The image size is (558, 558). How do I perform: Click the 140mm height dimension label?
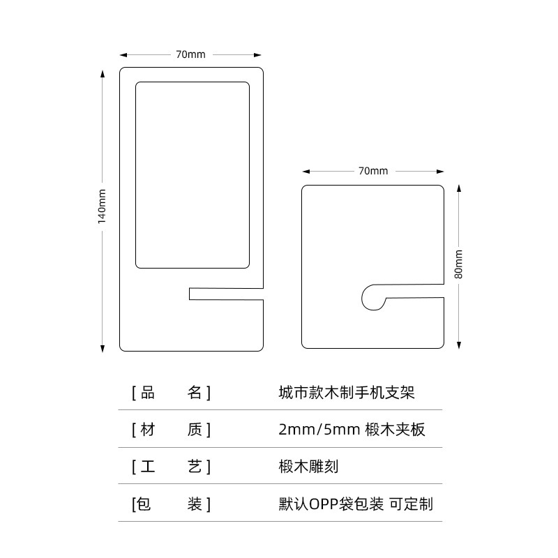click(102, 206)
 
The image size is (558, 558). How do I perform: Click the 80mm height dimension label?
click(458, 264)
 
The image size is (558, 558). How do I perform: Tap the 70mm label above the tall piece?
click(190, 54)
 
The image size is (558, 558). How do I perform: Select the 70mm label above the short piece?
click(373, 171)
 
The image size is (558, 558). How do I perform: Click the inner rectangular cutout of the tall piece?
click(192, 174)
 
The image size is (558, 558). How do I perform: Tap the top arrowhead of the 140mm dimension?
click(102, 73)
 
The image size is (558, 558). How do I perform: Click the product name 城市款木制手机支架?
click(347, 393)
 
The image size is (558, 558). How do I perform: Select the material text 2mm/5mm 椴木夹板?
click(352, 430)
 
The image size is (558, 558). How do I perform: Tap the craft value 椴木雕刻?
click(308, 467)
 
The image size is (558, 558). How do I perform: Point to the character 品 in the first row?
click(148, 393)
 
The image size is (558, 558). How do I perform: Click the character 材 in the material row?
click(148, 430)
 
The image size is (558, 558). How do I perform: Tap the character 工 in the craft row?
click(148, 467)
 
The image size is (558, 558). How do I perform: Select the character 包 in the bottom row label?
click(144, 504)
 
